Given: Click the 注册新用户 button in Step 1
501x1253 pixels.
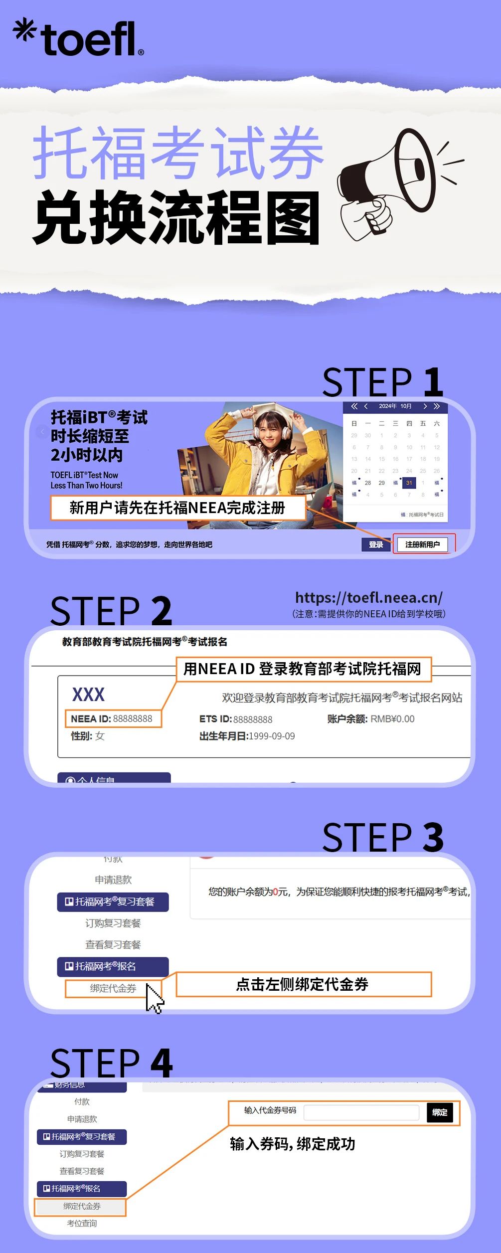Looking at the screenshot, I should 422,544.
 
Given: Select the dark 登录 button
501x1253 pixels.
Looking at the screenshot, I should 376,544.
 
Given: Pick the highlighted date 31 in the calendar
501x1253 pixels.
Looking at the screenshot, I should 409,483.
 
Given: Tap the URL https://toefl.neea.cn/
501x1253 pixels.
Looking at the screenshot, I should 368,597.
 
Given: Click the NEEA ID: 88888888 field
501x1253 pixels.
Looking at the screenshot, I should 113,718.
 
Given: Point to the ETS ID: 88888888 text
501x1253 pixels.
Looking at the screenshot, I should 236,719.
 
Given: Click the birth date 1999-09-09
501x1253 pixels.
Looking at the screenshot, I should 271,736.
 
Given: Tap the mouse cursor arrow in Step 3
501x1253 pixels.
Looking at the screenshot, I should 154,998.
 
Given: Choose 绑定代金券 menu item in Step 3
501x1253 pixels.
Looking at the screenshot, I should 113,988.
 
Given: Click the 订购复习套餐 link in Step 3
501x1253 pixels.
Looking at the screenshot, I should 113,923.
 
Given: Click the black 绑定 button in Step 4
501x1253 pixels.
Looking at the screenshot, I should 440,1112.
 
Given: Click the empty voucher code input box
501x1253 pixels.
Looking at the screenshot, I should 361,1112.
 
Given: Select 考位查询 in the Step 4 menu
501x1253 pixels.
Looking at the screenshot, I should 82,1223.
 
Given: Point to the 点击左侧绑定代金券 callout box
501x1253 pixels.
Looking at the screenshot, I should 303,984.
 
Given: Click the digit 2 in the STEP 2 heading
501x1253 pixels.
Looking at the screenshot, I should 162,611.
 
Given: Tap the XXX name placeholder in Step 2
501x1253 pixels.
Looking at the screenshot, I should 88,694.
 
